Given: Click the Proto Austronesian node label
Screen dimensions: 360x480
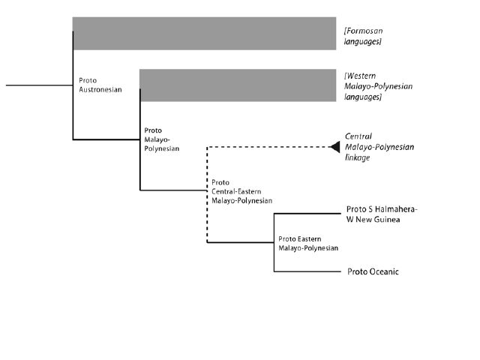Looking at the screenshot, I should click(x=100, y=85).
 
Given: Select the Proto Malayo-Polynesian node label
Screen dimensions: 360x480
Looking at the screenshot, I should click(x=161, y=139).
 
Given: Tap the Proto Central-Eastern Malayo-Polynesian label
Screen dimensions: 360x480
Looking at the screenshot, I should click(x=241, y=191).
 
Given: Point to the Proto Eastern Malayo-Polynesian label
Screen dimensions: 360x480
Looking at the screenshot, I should click(x=307, y=243).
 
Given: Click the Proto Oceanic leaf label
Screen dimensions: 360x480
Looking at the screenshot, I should click(x=373, y=271).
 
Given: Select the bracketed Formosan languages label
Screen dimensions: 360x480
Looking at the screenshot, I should click(x=363, y=36).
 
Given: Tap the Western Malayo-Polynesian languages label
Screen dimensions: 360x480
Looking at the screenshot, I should click(x=378, y=86).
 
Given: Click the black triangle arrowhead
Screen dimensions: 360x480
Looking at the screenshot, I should click(x=335, y=147).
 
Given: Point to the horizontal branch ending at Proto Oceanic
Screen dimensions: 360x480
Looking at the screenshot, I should click(x=307, y=271).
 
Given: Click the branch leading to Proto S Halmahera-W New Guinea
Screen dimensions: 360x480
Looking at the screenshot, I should click(x=307, y=214).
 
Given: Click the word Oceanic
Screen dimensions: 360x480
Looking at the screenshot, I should click(x=384, y=271).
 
